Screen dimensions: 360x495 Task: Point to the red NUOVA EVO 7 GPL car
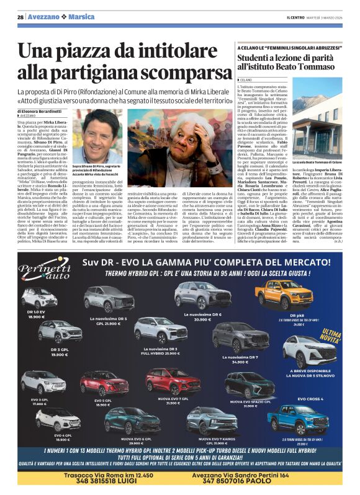click(172, 380)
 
